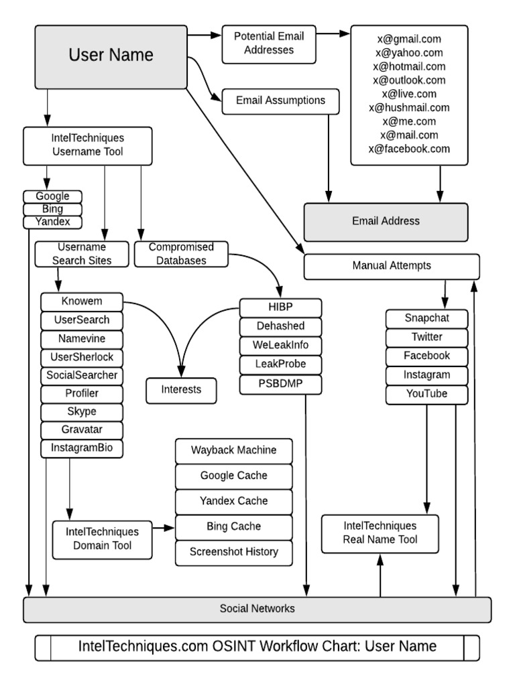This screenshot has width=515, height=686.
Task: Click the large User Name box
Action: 111,56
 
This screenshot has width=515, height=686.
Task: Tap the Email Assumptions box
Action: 280,100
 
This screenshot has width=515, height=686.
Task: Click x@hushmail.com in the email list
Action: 409,107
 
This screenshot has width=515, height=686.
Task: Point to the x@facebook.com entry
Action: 409,149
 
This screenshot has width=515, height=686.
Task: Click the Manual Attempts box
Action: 392,265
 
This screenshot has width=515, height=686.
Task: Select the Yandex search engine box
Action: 52,222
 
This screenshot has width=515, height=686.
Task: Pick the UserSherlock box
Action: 82,357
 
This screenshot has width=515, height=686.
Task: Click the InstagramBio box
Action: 82,448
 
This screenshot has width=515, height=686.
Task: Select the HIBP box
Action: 280,308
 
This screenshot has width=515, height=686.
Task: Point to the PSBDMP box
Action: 280,384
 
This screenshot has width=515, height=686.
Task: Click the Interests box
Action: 181,389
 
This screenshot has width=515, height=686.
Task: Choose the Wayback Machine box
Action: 233,450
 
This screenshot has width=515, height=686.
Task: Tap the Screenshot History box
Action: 233,552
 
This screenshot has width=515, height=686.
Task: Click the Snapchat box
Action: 426,318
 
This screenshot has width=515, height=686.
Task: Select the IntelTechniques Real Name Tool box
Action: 380,533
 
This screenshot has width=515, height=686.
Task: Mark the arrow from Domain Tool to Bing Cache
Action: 163,528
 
